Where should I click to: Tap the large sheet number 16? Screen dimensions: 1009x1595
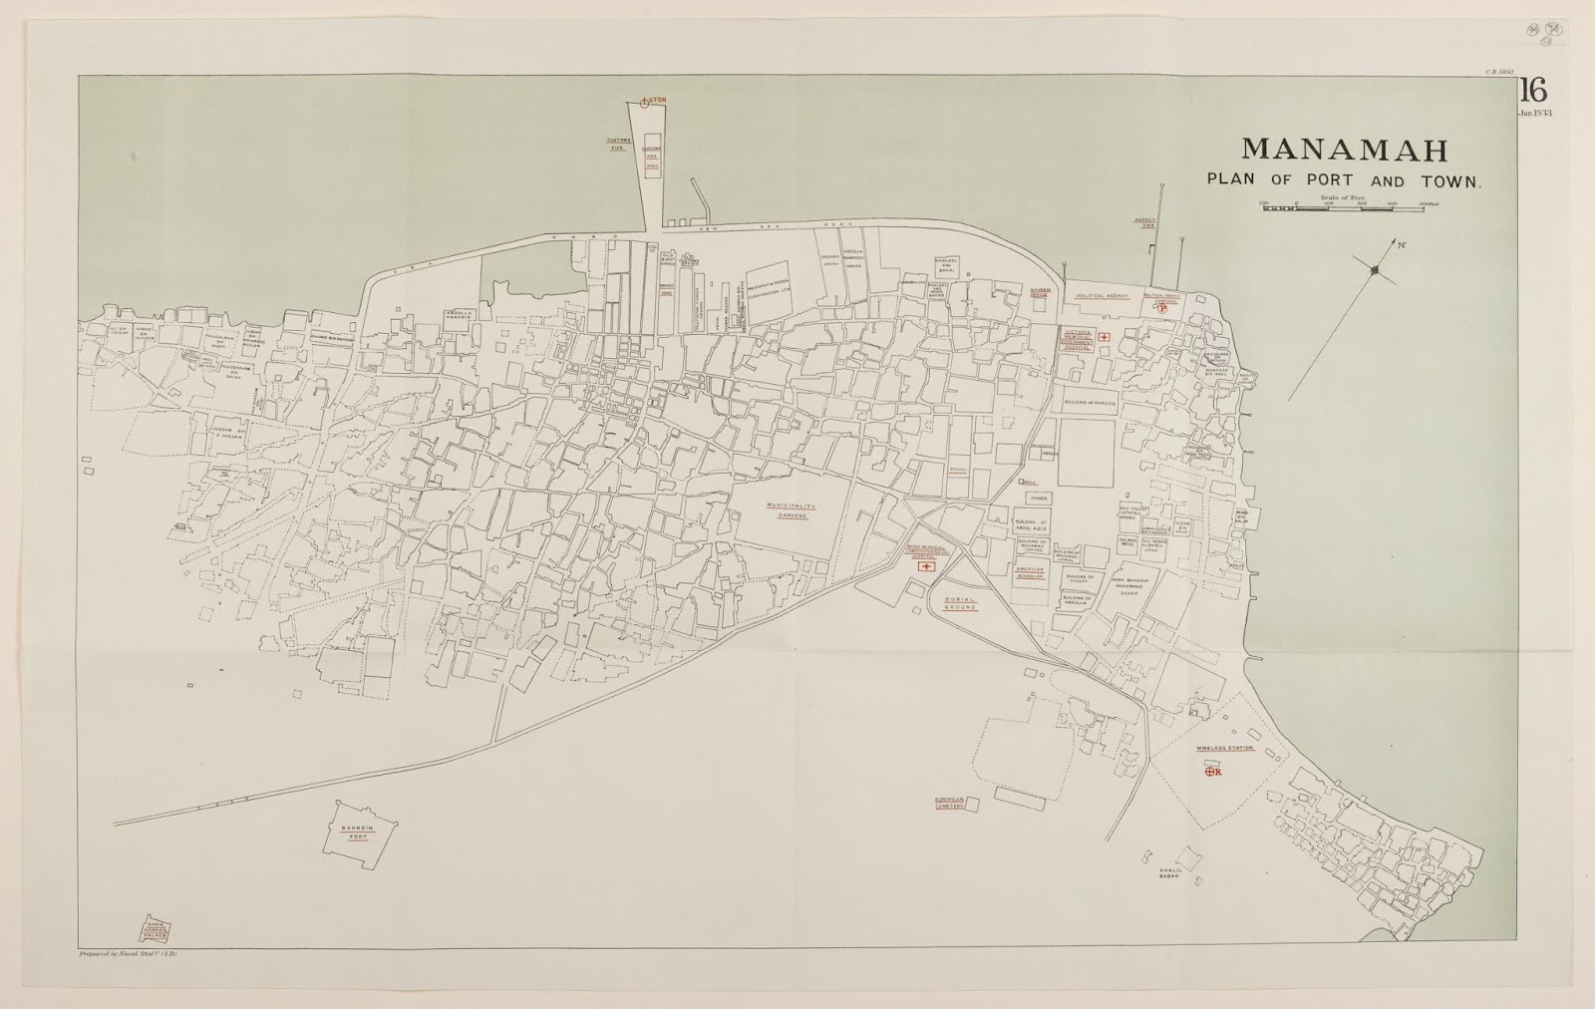click(x=1532, y=93)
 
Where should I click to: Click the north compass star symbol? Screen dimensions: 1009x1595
click(x=1375, y=267)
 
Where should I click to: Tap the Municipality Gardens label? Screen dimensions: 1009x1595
click(x=791, y=510)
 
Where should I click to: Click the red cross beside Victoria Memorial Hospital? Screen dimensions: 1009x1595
click(x=1105, y=338)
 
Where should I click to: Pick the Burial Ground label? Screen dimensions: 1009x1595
click(x=960, y=602)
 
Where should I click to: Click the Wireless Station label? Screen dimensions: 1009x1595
click(x=1225, y=749)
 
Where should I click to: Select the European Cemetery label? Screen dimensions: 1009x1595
click(x=950, y=803)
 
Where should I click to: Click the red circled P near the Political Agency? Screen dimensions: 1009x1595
click(x=1162, y=309)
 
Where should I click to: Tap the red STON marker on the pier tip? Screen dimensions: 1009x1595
click(x=653, y=101)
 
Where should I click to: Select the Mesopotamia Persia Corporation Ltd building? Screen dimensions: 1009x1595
click(x=768, y=291)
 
